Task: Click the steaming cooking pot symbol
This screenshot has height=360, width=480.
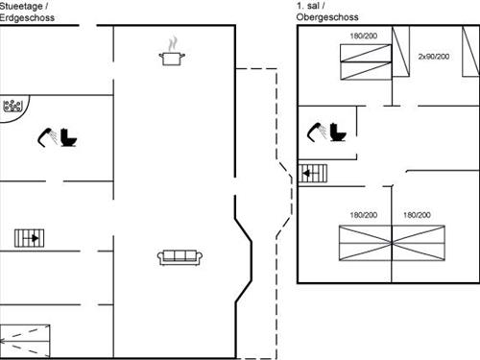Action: pos(172,59)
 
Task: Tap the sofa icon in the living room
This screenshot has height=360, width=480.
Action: pos(178,256)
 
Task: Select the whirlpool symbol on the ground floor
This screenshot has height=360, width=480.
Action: pos(12,108)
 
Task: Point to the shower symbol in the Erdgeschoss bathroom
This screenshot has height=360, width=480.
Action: pos(47,136)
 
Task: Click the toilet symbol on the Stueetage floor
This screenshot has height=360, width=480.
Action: pos(69,137)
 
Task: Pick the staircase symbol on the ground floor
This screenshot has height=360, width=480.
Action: pos(28,237)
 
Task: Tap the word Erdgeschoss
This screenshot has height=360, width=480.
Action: pos(26,17)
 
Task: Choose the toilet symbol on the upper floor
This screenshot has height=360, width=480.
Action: pos(337,131)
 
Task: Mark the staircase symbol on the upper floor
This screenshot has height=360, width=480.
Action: pos(314,173)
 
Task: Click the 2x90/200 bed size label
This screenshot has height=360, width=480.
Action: pos(434,57)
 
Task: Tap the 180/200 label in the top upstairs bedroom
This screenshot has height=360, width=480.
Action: pos(363,36)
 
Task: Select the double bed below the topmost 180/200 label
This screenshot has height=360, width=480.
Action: pos(366,66)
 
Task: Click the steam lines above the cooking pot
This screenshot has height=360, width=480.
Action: pos(172,44)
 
